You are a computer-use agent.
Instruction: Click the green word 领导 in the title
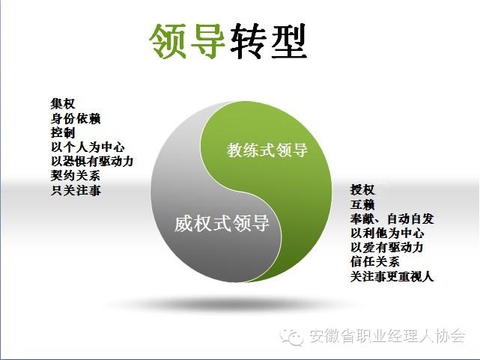(187, 41)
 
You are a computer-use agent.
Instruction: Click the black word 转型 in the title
(269, 41)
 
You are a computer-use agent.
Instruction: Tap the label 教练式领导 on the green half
(267, 150)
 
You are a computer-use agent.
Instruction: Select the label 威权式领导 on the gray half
(222, 223)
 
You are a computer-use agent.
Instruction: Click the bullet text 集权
(63, 104)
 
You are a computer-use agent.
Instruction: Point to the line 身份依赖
(76, 118)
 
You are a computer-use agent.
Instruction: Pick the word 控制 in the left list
(63, 132)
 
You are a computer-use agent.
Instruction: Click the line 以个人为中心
(88, 147)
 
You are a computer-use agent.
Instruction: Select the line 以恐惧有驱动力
(92, 161)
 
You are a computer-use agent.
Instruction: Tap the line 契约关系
(76, 176)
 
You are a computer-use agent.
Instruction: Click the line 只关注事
(76, 190)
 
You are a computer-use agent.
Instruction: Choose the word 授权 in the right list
(362, 190)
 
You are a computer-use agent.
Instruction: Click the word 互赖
(362, 204)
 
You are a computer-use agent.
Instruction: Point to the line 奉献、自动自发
(392, 219)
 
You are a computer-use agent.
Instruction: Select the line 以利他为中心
(387, 233)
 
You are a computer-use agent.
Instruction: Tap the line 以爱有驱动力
(387, 247)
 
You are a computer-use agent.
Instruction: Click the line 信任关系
(375, 261)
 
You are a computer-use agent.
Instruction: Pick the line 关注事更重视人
(392, 276)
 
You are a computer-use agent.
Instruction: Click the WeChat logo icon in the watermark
(291, 337)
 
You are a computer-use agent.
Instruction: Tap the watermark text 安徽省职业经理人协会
(387, 336)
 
